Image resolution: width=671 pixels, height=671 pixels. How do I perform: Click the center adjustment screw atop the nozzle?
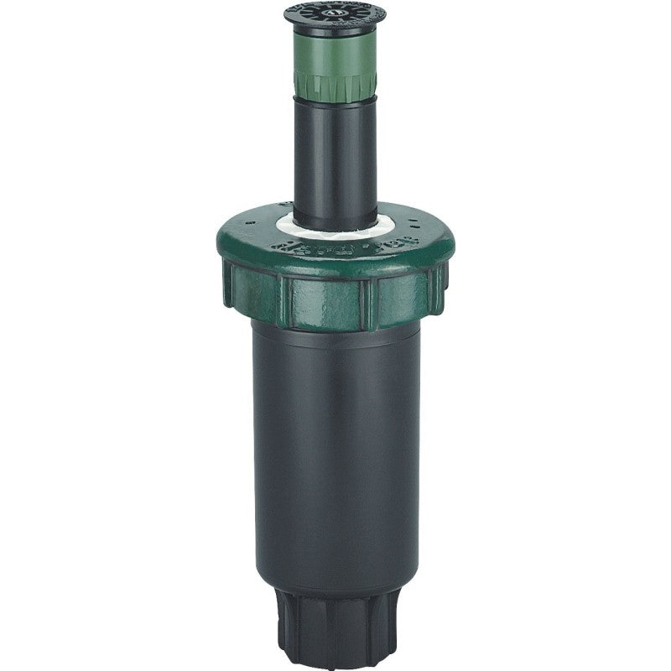(x=335, y=13)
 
